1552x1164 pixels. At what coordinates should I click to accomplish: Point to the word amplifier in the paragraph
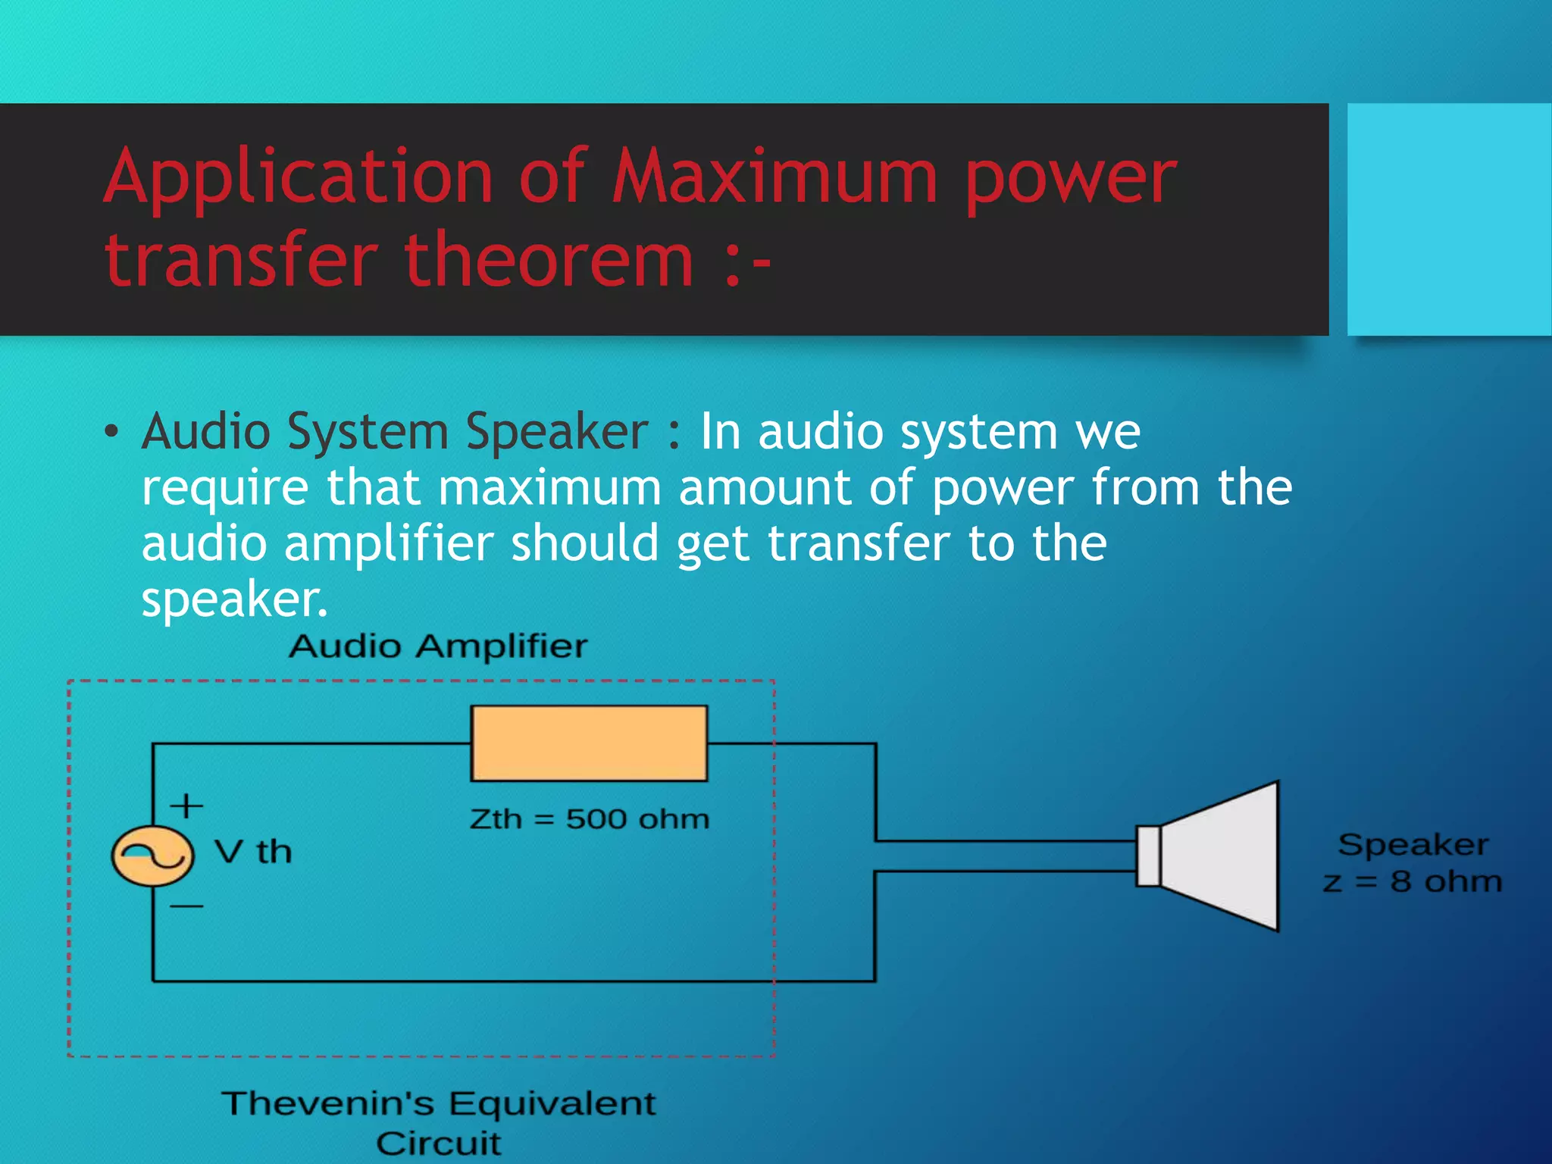[389, 544]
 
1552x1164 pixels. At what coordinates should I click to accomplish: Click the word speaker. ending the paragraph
[234, 601]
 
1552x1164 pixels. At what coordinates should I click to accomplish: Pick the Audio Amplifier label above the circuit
[438, 646]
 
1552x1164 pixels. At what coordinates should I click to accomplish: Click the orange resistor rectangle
[589, 743]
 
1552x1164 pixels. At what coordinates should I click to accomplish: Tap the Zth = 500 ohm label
[589, 819]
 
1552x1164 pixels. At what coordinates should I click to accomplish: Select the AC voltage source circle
[152, 856]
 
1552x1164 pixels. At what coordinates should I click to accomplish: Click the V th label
[253, 853]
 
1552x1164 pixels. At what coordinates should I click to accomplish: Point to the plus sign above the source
[186, 805]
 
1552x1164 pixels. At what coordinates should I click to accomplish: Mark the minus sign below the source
[186, 906]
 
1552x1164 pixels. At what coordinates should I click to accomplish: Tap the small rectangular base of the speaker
[1147, 856]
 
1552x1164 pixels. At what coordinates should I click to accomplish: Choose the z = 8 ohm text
[1412, 882]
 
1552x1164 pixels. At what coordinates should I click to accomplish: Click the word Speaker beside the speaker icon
[1413, 844]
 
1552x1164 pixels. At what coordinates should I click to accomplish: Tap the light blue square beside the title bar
[1449, 219]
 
